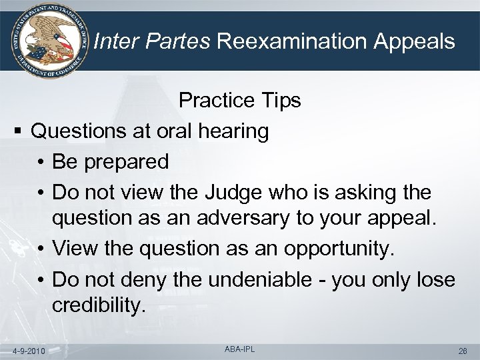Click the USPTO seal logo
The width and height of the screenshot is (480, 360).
pyautogui.click(x=46, y=42)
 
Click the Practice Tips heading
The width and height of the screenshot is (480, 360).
pyautogui.click(x=239, y=101)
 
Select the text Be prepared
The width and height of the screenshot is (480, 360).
pyautogui.click(x=110, y=162)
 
